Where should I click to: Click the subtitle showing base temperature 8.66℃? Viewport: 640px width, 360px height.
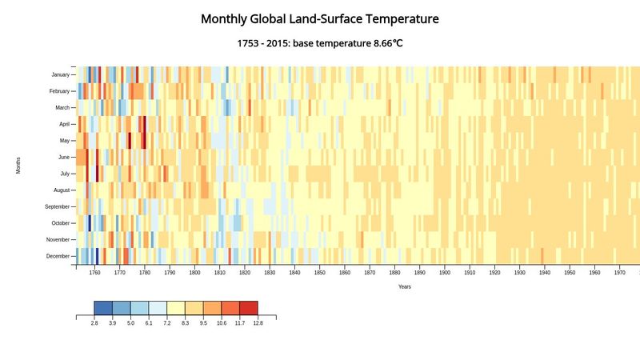click(320, 42)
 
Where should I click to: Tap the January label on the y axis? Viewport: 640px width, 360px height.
click(60, 74)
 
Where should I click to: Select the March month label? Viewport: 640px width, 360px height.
click(62, 107)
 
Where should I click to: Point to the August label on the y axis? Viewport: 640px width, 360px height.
click(62, 190)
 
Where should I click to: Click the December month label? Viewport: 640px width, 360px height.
click(58, 256)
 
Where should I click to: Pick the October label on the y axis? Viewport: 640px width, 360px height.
click(61, 223)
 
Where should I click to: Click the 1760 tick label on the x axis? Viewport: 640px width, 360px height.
click(94, 273)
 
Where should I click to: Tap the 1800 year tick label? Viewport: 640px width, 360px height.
click(194, 273)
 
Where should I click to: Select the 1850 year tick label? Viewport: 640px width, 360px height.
click(319, 273)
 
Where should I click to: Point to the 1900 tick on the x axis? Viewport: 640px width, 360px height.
click(444, 273)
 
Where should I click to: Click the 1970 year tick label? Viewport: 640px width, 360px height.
click(619, 273)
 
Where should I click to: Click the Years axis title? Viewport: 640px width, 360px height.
click(405, 286)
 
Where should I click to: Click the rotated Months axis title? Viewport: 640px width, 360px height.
click(18, 166)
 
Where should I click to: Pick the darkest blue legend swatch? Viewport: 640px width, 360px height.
click(102, 308)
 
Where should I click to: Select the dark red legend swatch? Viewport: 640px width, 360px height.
click(249, 308)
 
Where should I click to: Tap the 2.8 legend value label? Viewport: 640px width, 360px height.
click(94, 323)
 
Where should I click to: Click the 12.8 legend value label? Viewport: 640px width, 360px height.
click(258, 323)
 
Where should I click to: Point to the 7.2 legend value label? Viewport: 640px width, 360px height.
click(166, 323)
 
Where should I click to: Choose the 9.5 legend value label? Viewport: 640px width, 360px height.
click(203, 323)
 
